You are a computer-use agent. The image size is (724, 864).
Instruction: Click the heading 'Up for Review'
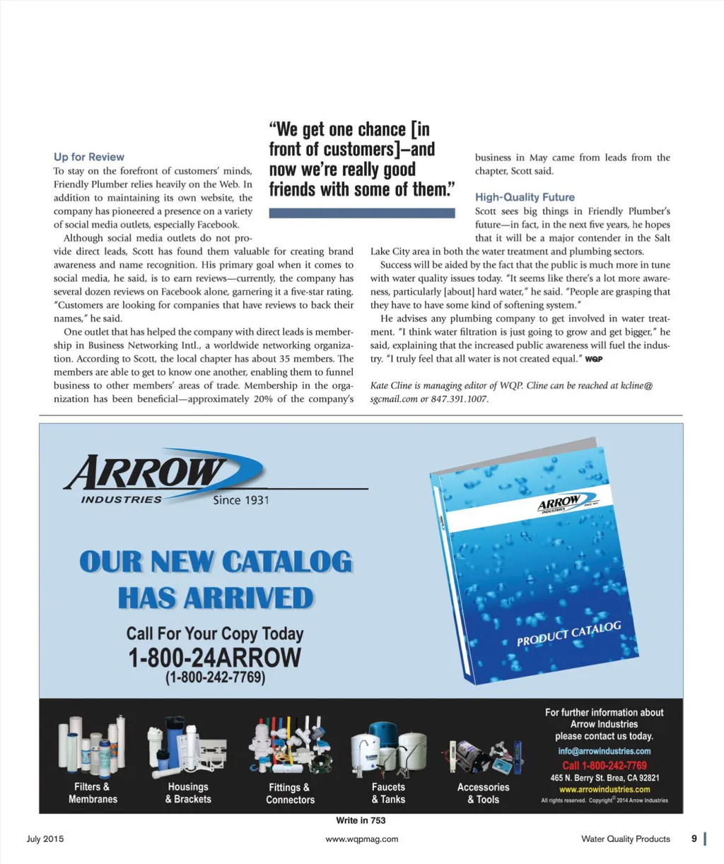pos(89,157)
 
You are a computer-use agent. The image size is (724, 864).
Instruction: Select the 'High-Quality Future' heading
pos(525,197)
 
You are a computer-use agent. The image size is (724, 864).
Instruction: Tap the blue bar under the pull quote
pos(362,213)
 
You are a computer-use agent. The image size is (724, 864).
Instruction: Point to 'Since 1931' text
pos(240,500)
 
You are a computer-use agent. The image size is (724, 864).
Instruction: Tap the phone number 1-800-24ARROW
pos(214,658)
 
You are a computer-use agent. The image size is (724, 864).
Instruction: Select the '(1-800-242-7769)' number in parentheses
pos(215,677)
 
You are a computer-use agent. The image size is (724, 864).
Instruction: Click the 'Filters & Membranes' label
pos(93,793)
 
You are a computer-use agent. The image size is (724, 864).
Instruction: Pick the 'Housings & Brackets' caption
pos(188,793)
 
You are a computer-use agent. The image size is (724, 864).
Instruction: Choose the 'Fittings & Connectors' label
pos(290,793)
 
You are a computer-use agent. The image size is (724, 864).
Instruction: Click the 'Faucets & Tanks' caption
pos(388,793)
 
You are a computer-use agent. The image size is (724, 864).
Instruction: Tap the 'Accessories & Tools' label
pos(483,793)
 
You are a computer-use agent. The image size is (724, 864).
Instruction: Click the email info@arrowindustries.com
pos(604,751)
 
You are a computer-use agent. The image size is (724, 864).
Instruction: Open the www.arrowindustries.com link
pos(604,789)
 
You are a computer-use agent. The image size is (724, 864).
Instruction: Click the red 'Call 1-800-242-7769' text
pos(604,765)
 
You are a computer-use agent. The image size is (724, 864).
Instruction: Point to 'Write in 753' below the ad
pos(361,820)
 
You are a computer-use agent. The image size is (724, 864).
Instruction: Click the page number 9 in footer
pos(694,839)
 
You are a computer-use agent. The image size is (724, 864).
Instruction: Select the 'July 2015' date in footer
pos(45,839)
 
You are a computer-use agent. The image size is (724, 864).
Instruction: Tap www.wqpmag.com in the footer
pos(361,839)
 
